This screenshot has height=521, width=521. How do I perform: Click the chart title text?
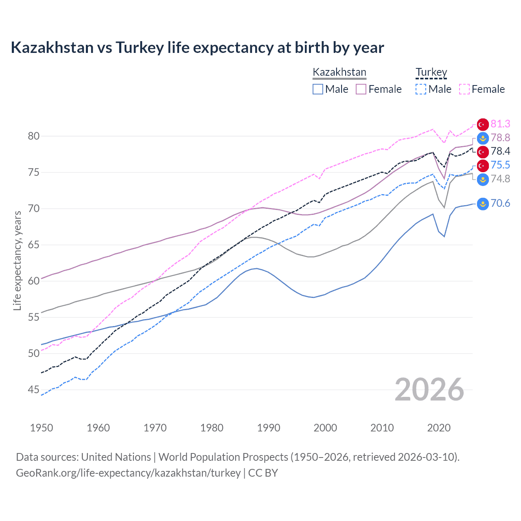click(197, 48)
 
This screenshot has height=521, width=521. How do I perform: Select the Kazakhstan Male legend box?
click(318, 89)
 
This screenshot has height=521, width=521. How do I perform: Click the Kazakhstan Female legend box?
click(361, 89)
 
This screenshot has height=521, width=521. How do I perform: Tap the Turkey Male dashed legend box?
click(421, 89)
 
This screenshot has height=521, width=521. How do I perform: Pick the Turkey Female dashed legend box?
click(464, 89)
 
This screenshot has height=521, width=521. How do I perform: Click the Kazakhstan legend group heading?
click(339, 72)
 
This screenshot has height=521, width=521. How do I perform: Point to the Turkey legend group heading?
click(431, 72)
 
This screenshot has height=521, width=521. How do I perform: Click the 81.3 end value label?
click(500, 124)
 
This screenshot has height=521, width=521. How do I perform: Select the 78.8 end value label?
click(500, 138)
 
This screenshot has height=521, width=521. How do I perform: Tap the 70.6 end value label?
click(500, 203)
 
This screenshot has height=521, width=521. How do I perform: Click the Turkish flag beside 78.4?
click(483, 152)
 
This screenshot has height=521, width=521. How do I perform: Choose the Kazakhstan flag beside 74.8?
click(483, 179)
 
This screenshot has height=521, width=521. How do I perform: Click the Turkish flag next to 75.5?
click(483, 165)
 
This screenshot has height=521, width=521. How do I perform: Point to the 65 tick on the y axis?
click(33, 245)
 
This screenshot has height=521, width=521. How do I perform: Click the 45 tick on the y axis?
click(33, 390)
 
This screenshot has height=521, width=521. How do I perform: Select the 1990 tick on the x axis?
click(269, 428)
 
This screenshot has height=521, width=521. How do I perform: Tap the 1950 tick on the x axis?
click(42, 428)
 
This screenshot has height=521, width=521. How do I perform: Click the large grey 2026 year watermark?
click(429, 390)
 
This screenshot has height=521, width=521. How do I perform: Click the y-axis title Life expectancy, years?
click(17, 260)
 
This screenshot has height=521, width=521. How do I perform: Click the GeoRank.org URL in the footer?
click(128, 473)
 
